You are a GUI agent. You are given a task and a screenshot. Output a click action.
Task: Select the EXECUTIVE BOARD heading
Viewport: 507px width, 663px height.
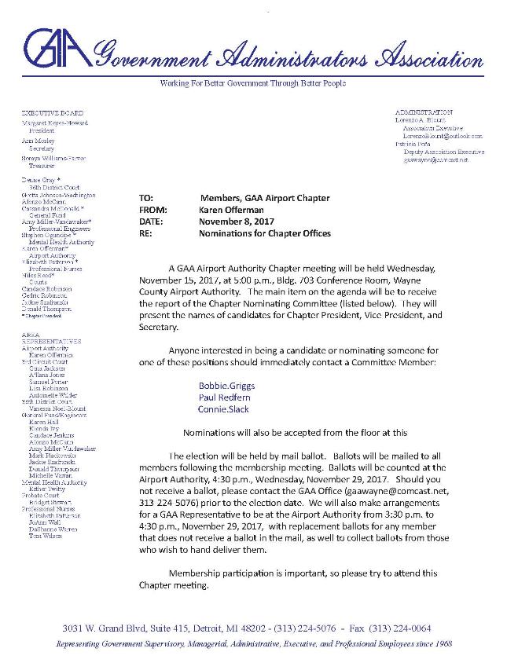pyautogui.click(x=53, y=114)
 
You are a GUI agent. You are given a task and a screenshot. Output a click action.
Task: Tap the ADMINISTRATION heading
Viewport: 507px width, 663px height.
pyautogui.click(x=424, y=113)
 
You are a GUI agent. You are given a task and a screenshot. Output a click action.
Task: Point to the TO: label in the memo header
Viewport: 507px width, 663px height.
pyautogui.click(x=145, y=199)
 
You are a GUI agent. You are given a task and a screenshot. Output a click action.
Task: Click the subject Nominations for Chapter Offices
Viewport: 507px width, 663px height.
pyautogui.click(x=265, y=234)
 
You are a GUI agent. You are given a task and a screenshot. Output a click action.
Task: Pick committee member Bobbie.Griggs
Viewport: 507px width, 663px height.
pyautogui.click(x=225, y=386)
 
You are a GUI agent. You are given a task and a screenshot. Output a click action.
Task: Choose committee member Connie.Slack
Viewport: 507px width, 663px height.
pyautogui.click(x=223, y=411)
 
